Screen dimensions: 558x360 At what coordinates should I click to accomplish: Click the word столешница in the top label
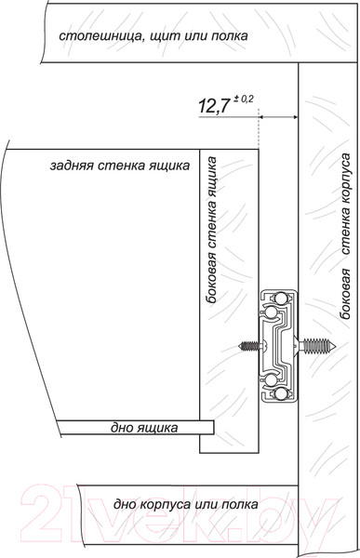coord(98,38)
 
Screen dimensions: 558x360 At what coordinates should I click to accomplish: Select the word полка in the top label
coord(227,38)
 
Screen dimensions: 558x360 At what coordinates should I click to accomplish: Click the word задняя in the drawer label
coord(74,165)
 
